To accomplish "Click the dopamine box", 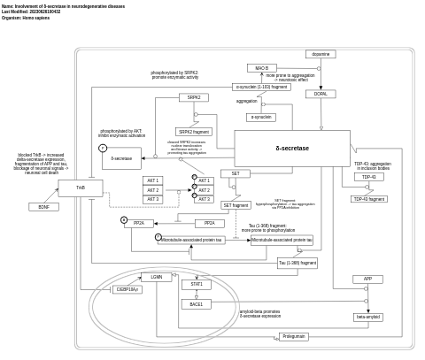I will point(321,54).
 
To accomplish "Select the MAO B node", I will point(261,68).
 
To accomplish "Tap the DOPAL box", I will point(321,94).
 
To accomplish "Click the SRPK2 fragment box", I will point(194,132).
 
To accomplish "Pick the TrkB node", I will point(81,188).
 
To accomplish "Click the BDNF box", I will point(43,207).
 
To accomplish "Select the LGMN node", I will point(157,277).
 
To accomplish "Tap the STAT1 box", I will point(196,284).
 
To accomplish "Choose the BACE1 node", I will point(196,304).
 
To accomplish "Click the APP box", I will point(367,280).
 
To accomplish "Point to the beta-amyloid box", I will point(367,317).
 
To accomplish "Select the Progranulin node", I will point(293,336).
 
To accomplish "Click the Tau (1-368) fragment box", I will point(297,263).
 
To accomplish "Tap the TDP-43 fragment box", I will point(369,199).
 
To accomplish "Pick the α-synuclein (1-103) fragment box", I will point(261,87).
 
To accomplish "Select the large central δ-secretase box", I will point(292,149).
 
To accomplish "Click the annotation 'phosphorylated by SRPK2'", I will point(174,75).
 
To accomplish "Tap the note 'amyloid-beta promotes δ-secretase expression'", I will point(259,313).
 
